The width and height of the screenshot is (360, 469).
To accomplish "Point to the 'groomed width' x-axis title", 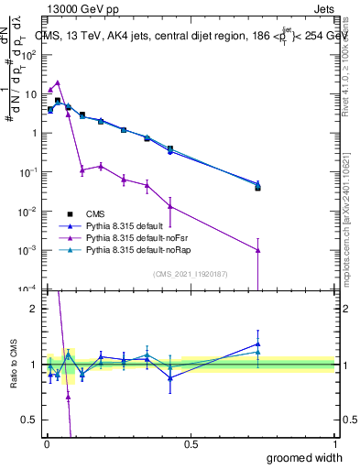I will tap(306, 457).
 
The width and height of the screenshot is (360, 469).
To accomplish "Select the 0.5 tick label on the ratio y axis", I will tap(29, 421).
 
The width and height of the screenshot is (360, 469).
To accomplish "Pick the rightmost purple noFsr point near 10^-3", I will tap(258, 250).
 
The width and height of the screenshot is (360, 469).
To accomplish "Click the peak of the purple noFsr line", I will tap(58, 82).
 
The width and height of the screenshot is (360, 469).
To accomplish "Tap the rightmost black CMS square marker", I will tap(258, 188).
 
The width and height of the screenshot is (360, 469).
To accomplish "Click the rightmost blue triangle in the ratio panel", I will tap(258, 344).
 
